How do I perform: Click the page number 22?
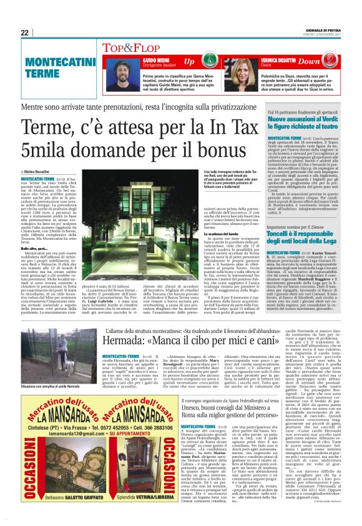[x=25, y=33]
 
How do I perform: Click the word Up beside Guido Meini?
[x=188, y=62]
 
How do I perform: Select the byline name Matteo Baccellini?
[x=44, y=171]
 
